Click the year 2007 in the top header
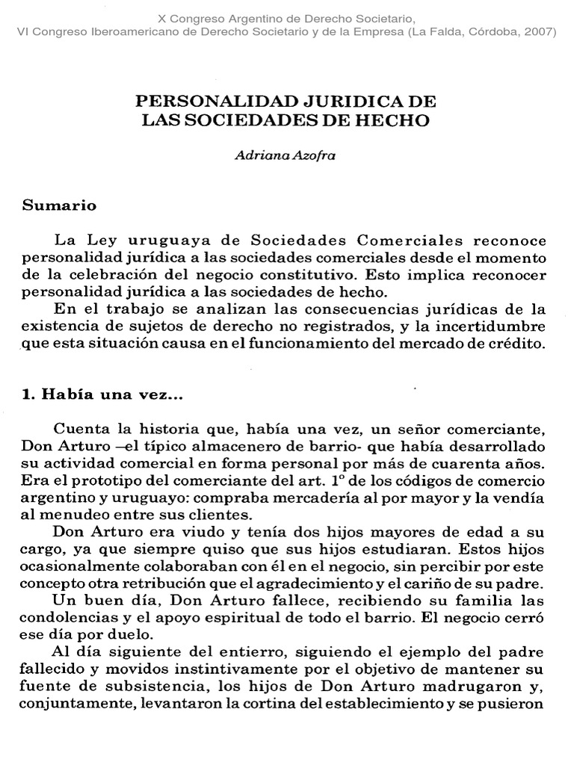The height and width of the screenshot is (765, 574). click(537, 31)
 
